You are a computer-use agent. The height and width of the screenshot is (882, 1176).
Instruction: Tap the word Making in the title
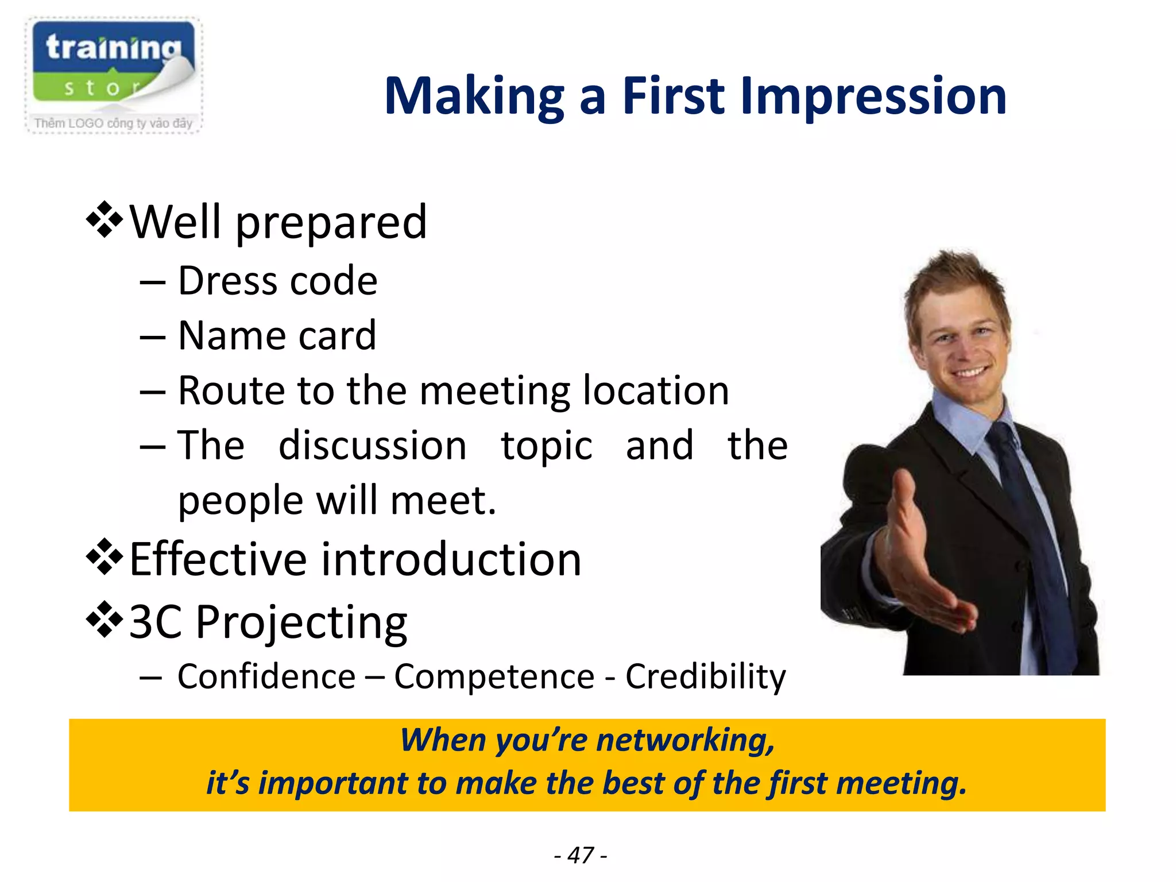(x=474, y=96)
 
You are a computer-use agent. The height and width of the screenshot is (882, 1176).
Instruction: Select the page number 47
(x=580, y=855)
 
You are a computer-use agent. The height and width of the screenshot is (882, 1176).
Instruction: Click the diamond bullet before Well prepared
(x=104, y=220)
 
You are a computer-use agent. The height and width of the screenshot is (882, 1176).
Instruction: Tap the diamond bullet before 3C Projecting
(x=104, y=620)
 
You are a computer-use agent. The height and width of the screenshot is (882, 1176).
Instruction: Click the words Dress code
(x=277, y=281)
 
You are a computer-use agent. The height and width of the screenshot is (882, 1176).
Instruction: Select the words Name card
(x=277, y=335)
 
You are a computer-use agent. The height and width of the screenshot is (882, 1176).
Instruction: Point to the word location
(x=656, y=390)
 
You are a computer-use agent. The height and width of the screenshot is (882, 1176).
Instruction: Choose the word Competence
(x=494, y=676)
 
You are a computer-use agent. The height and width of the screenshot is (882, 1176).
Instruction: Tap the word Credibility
(x=705, y=676)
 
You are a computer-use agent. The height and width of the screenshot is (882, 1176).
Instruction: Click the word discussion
(x=372, y=446)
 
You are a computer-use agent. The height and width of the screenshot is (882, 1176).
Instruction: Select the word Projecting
(x=301, y=622)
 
